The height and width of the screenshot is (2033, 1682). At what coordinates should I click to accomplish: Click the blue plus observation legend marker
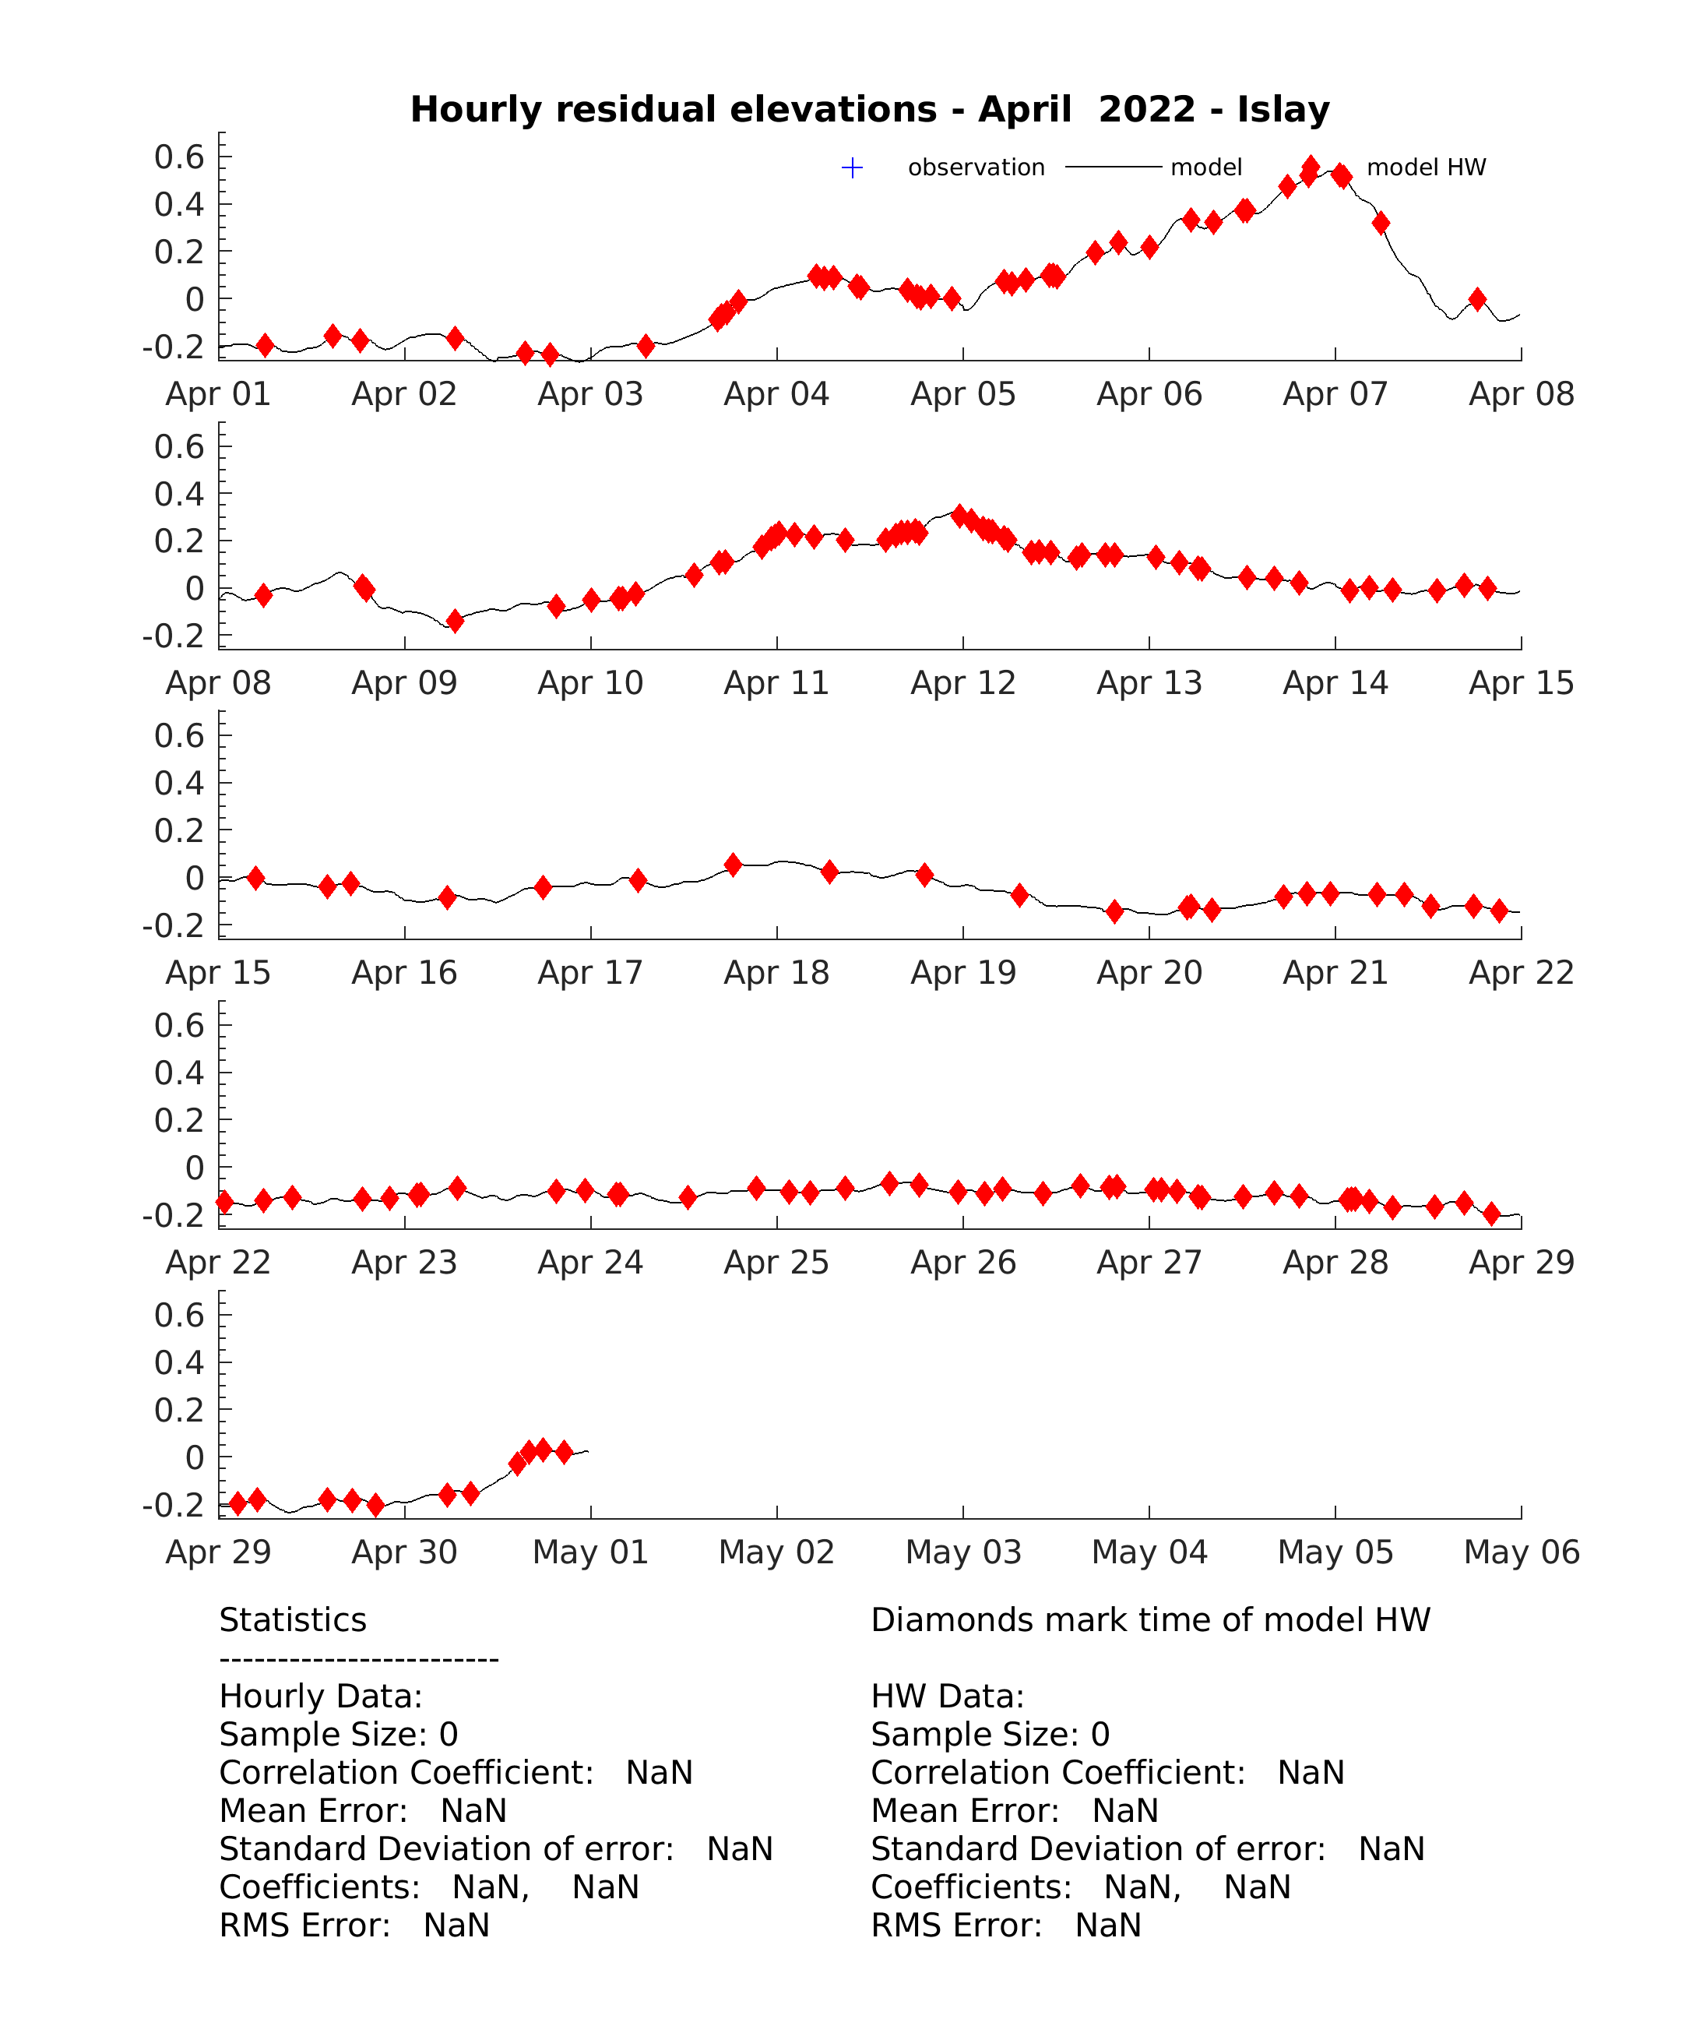pos(852,168)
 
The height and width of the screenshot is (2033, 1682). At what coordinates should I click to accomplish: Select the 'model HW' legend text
pos(1426,167)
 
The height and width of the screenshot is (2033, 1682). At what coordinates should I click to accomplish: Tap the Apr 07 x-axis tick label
pos(1335,394)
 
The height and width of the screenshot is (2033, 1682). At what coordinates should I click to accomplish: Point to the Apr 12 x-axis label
pos(963,683)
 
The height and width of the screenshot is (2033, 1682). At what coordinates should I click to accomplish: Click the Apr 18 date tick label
pos(776,973)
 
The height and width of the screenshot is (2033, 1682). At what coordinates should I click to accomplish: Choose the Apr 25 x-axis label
pos(776,1263)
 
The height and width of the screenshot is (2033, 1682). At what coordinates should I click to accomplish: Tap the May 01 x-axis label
pos(590,1552)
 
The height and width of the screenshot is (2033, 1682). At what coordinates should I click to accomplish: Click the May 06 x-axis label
pos(1522,1552)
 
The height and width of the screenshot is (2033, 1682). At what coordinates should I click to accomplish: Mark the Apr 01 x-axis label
pos(219,394)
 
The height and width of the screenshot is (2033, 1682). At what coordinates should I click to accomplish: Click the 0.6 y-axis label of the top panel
pos(179,157)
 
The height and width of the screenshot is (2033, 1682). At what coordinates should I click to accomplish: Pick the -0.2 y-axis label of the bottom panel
pos(173,1506)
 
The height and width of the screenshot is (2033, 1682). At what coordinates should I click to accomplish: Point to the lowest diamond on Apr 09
pos(455,621)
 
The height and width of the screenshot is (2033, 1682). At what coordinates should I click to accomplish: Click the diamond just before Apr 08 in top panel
pos(1477,299)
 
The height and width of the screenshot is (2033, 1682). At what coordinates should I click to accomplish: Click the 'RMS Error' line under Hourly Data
pos(354,1926)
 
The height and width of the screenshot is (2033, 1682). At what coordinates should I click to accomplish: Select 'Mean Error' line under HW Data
pos(1014,1810)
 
